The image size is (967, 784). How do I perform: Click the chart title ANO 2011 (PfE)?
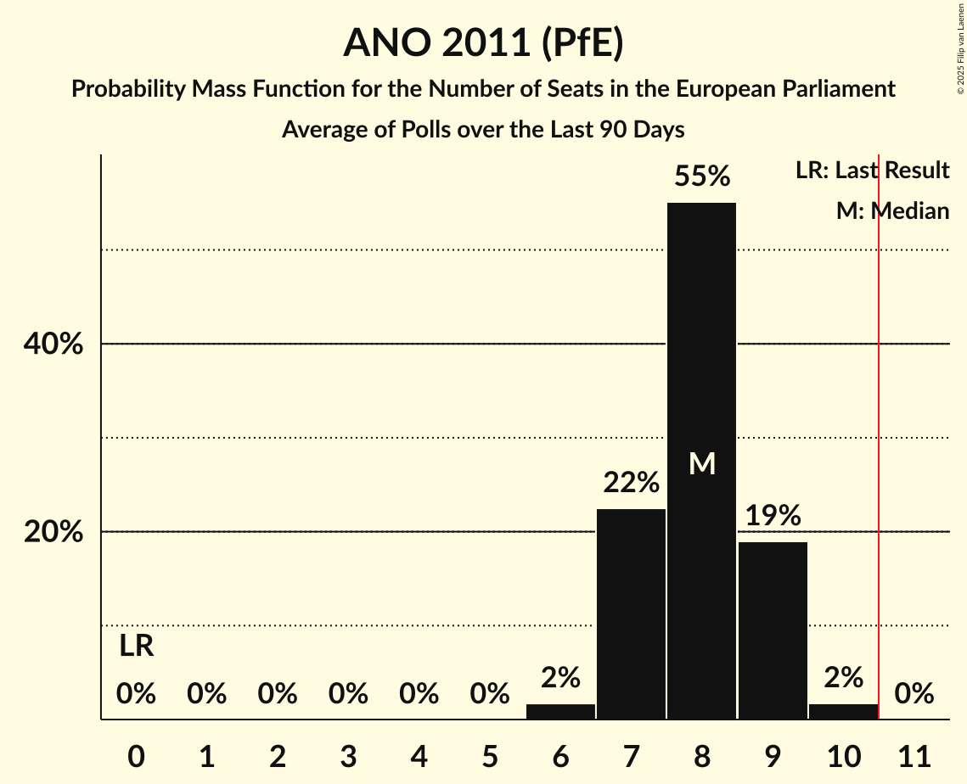click(483, 42)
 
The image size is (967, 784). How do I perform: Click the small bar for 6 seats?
click(560, 711)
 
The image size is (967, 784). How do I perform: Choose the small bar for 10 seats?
click(843, 711)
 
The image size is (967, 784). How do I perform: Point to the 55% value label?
click(701, 176)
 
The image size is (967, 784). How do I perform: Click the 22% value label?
click(631, 483)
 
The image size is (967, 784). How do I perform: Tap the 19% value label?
click(773, 515)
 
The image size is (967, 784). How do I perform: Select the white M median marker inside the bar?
click(702, 463)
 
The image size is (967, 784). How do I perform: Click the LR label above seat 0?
click(136, 647)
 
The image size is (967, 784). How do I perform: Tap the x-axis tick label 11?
click(914, 756)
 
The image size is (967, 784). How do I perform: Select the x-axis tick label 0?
click(136, 756)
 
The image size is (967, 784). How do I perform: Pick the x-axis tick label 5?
click(489, 756)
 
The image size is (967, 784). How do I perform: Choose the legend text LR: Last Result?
click(872, 171)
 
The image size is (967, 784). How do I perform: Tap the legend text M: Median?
click(892, 211)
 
